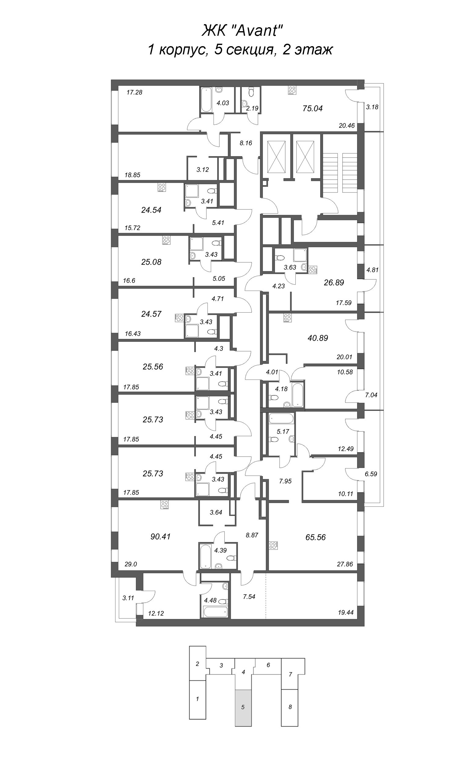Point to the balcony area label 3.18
(x=372, y=107)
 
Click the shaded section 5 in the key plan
(x=243, y=707)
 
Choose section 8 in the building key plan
(x=290, y=707)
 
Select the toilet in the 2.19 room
(x=251, y=92)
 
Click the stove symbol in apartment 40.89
(x=287, y=318)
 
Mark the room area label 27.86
(x=345, y=564)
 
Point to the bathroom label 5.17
(x=283, y=432)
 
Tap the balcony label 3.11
(x=128, y=598)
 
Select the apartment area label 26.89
(x=334, y=282)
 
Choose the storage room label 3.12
(x=203, y=170)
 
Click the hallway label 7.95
(x=285, y=481)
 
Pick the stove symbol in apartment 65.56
(x=273, y=545)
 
